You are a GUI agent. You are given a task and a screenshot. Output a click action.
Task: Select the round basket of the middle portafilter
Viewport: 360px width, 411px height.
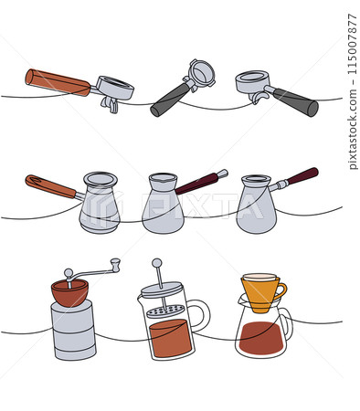pyautogui.click(x=201, y=73)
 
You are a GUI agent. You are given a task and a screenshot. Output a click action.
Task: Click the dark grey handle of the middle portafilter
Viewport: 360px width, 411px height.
pyautogui.click(x=169, y=100)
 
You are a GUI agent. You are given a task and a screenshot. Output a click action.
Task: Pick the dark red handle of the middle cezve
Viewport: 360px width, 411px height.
pyautogui.click(x=201, y=182)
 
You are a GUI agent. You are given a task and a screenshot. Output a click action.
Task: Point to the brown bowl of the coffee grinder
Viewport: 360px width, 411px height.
pyautogui.click(x=69, y=292)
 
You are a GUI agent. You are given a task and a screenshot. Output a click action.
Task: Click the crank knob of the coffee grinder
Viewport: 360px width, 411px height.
pyautogui.click(x=115, y=265)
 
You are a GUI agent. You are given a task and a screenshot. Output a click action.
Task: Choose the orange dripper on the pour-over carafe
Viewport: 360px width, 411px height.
pyautogui.click(x=262, y=290)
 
